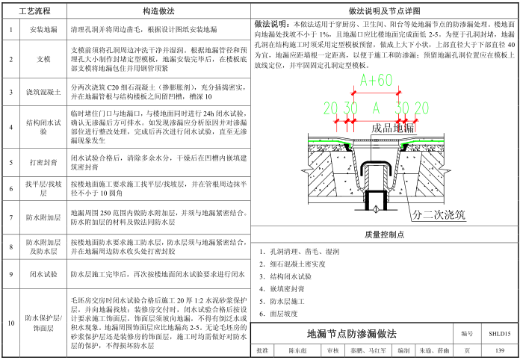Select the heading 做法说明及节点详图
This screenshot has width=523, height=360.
coord(384,11)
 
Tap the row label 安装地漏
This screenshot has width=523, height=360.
coord(43,29)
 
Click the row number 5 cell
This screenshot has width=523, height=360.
coord(11,161)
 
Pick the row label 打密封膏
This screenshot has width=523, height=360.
coord(43,161)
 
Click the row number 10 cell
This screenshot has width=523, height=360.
coord(11,323)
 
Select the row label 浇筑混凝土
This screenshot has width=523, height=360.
coord(43,92)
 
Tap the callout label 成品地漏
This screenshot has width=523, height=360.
coord(392,128)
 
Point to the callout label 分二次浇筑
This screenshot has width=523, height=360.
coord(439,215)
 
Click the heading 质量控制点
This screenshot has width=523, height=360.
coord(385,234)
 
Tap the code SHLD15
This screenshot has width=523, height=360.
coord(499,334)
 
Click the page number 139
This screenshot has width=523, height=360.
coord(499,350)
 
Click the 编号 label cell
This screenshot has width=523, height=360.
coord(467,334)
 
